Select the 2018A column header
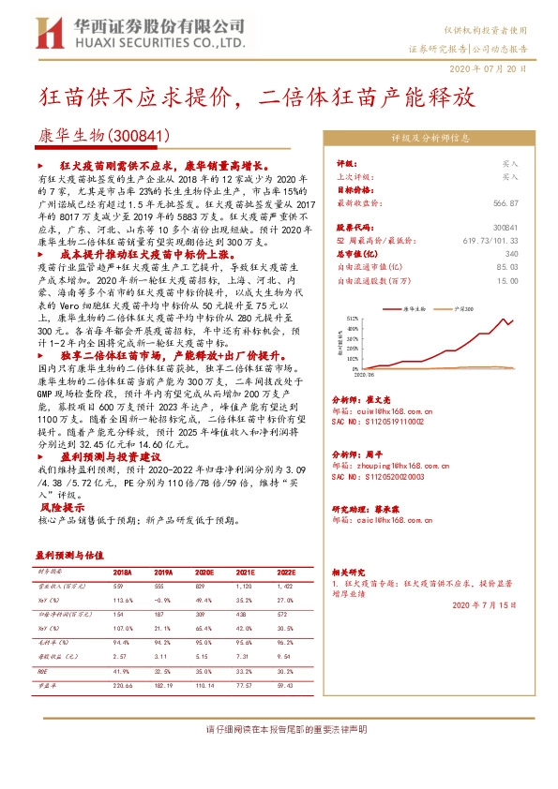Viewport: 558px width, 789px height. [122, 572]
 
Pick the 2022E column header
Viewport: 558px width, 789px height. [287, 572]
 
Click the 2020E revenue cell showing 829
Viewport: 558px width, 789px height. [205, 585]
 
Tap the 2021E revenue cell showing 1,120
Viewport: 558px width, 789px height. [245, 585]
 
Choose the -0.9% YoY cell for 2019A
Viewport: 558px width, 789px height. [163, 599]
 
